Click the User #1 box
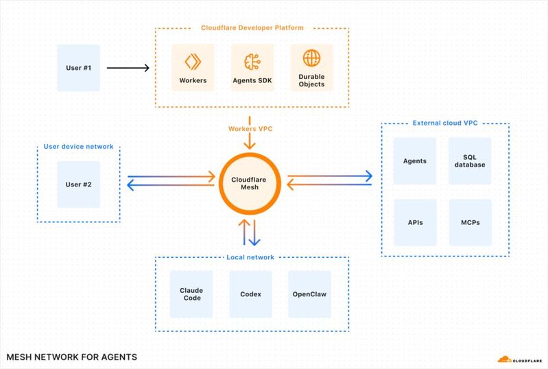pyautogui.click(x=78, y=68)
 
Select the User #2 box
pyautogui.click(x=78, y=184)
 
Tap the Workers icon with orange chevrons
pyautogui.click(x=193, y=60)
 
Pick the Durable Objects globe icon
pyautogui.click(x=311, y=58)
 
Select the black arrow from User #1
pyautogui.click(x=128, y=68)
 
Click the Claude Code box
pyautogui.click(x=192, y=294)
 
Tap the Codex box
pyautogui.click(x=251, y=294)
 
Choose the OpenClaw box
pyautogui.click(x=310, y=294)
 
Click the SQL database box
pyautogui.click(x=470, y=161)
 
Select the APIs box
pyautogui.click(x=414, y=223)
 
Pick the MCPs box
pyautogui.click(x=470, y=223)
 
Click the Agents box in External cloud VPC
pyautogui.click(x=414, y=161)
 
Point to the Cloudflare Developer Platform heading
pyautogui.click(x=252, y=28)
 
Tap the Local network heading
pyautogui.click(x=250, y=257)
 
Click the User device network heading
pyautogui.click(x=78, y=147)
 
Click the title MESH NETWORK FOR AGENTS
pyautogui.click(x=71, y=357)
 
